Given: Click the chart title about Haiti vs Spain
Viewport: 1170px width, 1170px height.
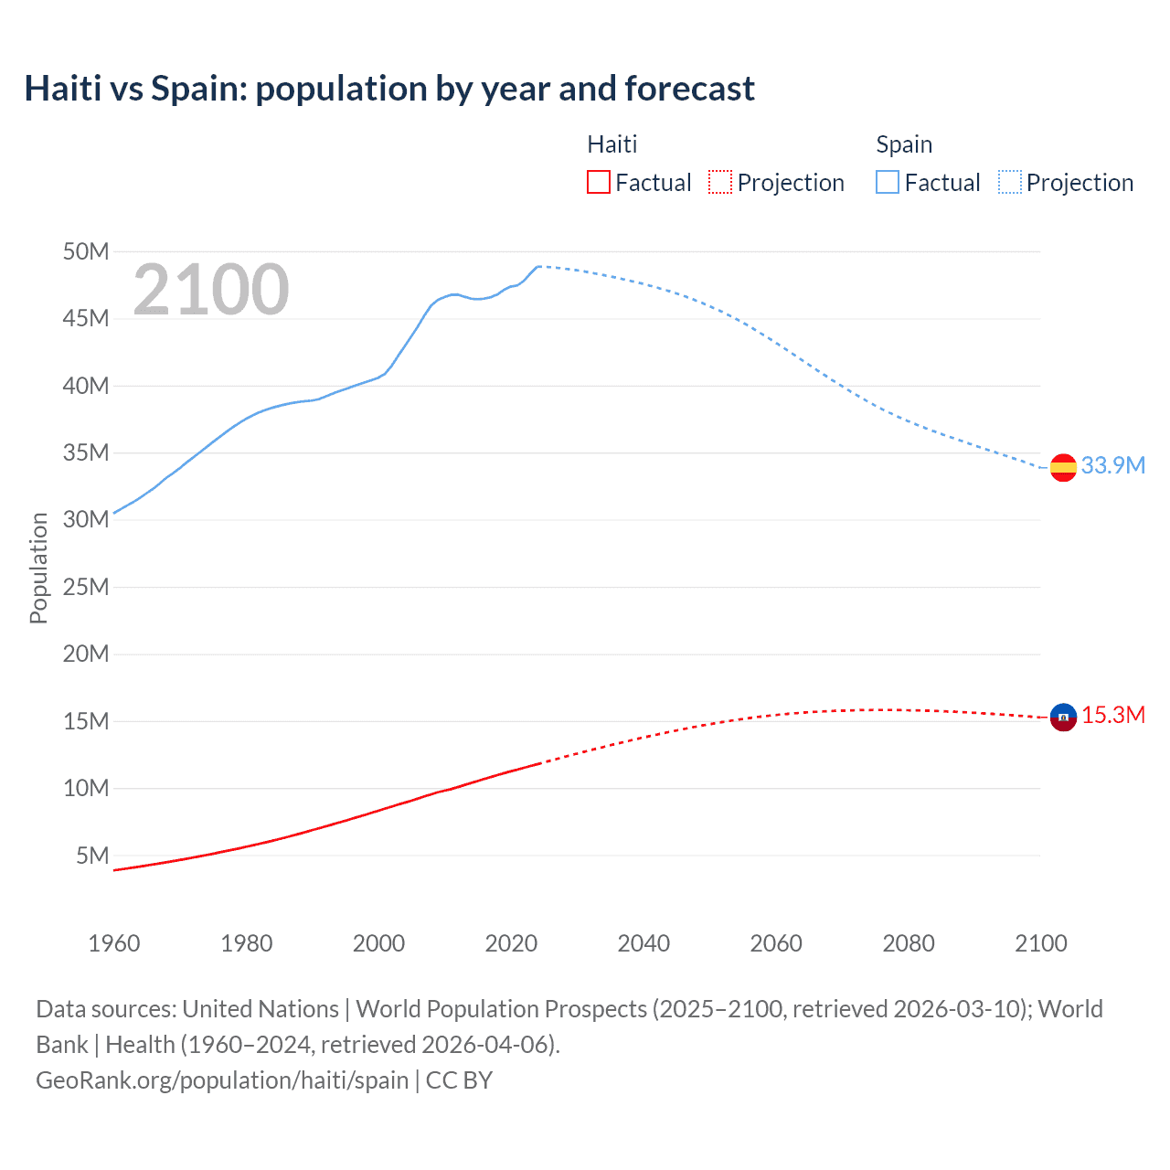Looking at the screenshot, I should [389, 89].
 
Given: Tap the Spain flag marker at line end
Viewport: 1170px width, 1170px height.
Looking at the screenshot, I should [1063, 467].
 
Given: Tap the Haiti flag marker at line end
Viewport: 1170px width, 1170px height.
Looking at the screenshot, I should [1063, 718].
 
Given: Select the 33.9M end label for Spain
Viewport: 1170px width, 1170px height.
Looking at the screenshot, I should [1112, 465].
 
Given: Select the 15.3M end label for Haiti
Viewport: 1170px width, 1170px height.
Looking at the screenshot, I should [1112, 715].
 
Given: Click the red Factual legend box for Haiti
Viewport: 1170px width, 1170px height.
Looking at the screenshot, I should [598, 183].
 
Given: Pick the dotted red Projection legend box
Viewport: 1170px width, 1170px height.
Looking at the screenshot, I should [720, 183].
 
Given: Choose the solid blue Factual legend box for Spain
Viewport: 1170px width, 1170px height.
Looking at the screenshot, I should [887, 183].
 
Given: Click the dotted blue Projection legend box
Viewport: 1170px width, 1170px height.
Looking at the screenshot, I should [1010, 183].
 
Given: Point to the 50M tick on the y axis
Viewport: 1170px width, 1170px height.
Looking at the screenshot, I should [86, 251].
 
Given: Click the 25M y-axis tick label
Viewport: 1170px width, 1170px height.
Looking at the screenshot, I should [86, 587].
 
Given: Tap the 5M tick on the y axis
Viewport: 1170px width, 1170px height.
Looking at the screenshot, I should [92, 856].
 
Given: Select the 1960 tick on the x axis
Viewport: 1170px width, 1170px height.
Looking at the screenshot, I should [114, 943].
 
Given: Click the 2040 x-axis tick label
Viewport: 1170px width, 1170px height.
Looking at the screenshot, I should [643, 943].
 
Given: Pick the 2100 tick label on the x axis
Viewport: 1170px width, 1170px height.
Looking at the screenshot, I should [1040, 943].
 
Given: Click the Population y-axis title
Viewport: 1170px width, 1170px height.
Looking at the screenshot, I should [38, 568].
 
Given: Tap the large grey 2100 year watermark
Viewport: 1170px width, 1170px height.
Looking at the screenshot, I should [211, 290].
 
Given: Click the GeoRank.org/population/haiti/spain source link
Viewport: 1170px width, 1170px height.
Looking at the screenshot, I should [222, 1080].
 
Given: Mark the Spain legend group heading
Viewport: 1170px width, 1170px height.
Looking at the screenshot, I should [904, 144].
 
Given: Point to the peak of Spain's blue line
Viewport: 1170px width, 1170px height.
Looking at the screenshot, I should [538, 266].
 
